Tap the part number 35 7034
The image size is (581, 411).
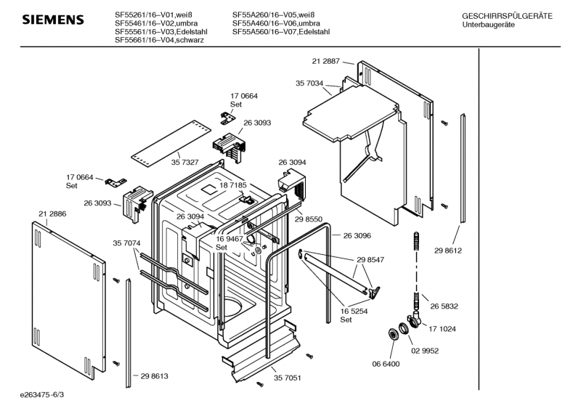(309, 84)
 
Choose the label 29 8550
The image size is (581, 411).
(309, 219)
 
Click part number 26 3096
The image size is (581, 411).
(357, 235)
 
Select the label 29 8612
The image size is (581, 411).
(449, 251)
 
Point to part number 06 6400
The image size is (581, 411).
(386, 363)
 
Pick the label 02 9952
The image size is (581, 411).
(426, 350)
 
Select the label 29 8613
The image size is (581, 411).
(154, 375)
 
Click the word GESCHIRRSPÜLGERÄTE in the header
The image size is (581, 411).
(507, 16)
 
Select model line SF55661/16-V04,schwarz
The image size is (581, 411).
(159, 41)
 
